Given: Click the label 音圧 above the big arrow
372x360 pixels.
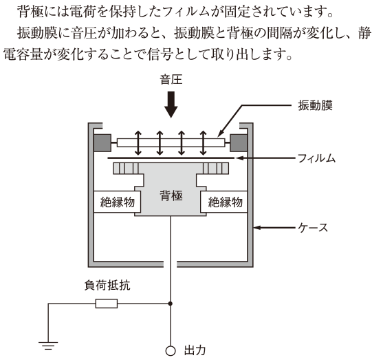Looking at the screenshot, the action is (x=171, y=80).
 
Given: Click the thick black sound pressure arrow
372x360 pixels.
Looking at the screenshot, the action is (x=171, y=105).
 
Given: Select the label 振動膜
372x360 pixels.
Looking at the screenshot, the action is (x=315, y=105).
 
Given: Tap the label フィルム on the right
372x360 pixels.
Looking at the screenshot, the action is (x=316, y=158).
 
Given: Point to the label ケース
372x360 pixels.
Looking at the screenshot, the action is (x=313, y=227).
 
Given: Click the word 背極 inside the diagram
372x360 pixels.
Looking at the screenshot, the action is (x=171, y=196).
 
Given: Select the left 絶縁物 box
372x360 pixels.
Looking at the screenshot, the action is (x=117, y=202).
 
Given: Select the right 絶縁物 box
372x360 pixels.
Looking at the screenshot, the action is (x=224, y=202).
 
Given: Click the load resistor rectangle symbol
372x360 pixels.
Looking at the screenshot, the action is (x=107, y=304).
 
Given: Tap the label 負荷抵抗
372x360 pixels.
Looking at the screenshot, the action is (x=107, y=285).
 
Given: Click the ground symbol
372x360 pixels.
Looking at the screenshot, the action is (x=48, y=346).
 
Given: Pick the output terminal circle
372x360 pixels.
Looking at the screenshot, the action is (x=171, y=351).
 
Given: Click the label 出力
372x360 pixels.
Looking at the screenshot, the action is (x=195, y=350).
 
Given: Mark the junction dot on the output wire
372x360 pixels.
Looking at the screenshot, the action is (x=170, y=304).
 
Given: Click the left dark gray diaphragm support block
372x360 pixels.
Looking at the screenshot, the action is (x=102, y=143).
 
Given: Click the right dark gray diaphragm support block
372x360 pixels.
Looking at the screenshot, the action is (x=239, y=143).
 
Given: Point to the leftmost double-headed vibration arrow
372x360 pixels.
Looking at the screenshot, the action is (x=138, y=143).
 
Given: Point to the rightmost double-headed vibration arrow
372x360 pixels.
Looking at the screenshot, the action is (x=203, y=143).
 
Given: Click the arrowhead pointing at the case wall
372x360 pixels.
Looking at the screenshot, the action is (x=257, y=227).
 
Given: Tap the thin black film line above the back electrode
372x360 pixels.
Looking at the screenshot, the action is (x=171, y=158).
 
